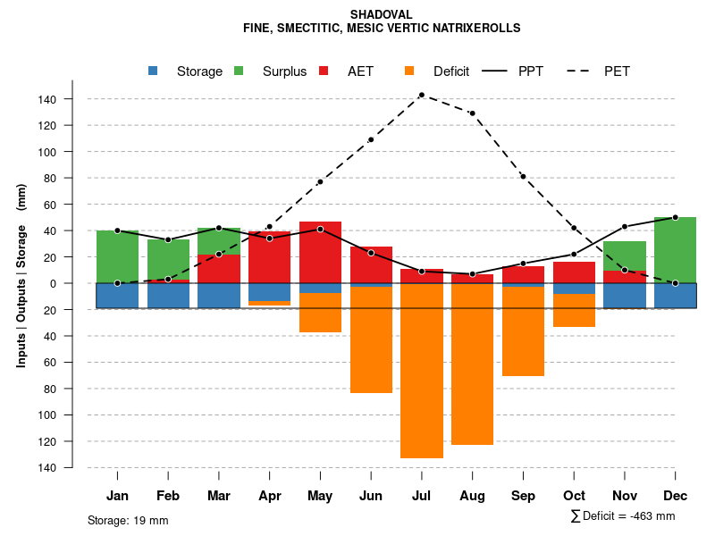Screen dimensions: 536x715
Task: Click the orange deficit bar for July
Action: pos(422,371)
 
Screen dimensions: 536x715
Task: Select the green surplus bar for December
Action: pos(675,250)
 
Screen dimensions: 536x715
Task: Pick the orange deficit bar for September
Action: pos(523,331)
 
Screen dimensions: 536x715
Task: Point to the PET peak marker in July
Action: pos(422,95)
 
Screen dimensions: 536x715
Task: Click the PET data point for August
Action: pos(472,113)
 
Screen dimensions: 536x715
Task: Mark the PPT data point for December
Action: pos(675,217)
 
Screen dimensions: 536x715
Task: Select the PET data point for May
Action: pos(320,182)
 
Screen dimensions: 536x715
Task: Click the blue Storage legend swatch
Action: pos(154,71)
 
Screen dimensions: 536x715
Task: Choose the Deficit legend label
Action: pos(451,71)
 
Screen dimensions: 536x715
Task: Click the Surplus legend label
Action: pos(284,71)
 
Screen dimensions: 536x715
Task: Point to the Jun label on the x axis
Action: pos(371,496)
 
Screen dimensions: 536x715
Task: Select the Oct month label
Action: pos(574,496)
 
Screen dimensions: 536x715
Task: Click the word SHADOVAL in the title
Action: pos(382,15)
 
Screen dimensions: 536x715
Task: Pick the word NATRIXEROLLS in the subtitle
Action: pos(473,29)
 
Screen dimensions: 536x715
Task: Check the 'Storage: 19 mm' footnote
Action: pos(128,520)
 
